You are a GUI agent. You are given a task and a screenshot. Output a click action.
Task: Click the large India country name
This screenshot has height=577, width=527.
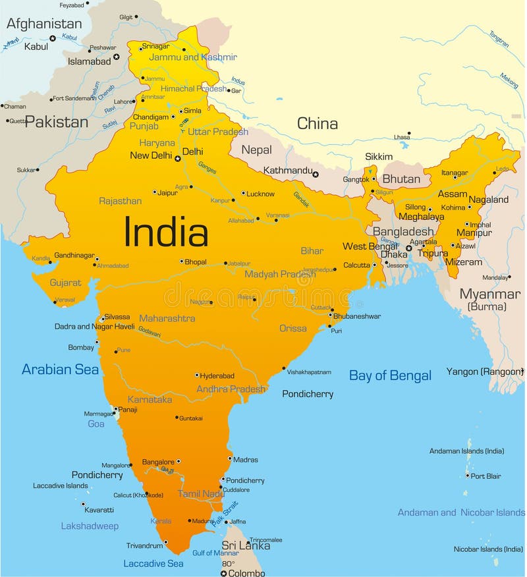(x=166, y=233)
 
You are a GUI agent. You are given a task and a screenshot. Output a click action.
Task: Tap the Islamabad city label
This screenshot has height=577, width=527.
(x=90, y=61)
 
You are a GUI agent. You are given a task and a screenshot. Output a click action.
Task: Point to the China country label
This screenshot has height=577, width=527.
(x=318, y=123)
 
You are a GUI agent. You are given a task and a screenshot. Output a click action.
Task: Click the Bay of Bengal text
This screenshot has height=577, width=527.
(x=390, y=375)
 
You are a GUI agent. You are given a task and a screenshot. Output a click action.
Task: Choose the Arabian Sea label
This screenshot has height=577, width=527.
(x=60, y=370)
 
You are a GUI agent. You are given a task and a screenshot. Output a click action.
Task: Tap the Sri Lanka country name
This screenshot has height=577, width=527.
(x=246, y=545)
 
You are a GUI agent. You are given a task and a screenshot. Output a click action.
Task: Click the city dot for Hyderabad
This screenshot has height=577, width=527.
(x=196, y=375)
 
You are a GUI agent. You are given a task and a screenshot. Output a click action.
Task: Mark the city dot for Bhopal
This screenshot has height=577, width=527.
(x=182, y=261)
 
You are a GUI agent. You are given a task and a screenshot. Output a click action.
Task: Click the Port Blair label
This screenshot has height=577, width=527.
(x=485, y=476)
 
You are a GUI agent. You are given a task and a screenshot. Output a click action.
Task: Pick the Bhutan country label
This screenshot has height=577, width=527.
(x=401, y=179)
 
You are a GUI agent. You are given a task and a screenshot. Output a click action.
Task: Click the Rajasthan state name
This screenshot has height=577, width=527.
(x=120, y=201)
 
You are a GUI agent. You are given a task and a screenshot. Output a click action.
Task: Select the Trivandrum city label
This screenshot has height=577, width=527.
(x=144, y=545)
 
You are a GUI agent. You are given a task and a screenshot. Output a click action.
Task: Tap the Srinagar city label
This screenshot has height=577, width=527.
(x=155, y=46)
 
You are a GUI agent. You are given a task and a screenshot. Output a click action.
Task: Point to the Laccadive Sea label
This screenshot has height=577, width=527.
(x=153, y=564)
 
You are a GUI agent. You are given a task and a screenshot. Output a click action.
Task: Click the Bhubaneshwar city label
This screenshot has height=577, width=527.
(x=356, y=316)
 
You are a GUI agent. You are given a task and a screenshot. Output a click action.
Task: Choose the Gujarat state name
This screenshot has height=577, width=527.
(x=65, y=283)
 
